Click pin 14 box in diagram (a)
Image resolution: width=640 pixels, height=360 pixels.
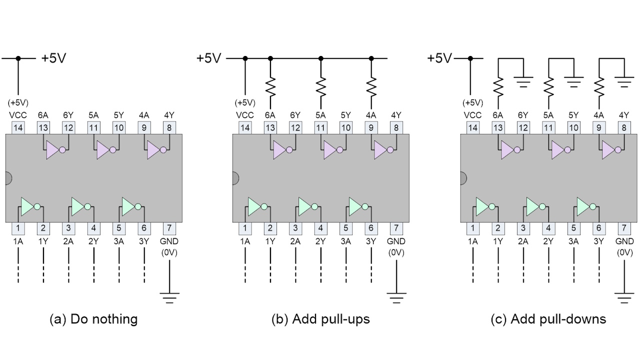(x=18, y=127)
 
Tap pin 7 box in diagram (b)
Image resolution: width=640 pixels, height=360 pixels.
(x=396, y=228)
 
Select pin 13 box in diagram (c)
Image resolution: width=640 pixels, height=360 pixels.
(x=498, y=127)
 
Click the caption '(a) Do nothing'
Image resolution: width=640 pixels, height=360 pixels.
(x=93, y=319)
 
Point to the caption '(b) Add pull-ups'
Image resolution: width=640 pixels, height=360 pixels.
(x=320, y=319)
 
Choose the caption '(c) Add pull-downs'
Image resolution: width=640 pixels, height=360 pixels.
(x=548, y=319)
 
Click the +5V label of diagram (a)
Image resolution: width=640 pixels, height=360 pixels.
(x=53, y=58)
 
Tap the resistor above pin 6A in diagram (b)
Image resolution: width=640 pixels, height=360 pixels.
(x=270, y=86)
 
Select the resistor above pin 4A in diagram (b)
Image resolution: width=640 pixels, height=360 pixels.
(x=371, y=86)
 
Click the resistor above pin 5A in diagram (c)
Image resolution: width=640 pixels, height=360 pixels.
(x=548, y=86)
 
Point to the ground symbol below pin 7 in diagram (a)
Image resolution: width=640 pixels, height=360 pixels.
(x=169, y=297)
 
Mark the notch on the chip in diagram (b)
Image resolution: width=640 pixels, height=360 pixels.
(x=235, y=178)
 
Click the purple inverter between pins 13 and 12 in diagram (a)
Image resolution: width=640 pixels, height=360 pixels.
(x=56, y=149)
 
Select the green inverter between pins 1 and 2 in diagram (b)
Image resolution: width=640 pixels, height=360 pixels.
(x=258, y=206)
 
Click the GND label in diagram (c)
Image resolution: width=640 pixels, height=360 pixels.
(x=624, y=241)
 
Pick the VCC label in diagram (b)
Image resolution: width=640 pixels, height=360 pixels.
(x=245, y=115)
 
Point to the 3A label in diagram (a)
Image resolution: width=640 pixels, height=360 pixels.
(x=119, y=241)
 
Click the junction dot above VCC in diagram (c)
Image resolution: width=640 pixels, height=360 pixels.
(x=470, y=58)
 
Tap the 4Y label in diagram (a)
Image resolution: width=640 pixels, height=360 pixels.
(x=169, y=115)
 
